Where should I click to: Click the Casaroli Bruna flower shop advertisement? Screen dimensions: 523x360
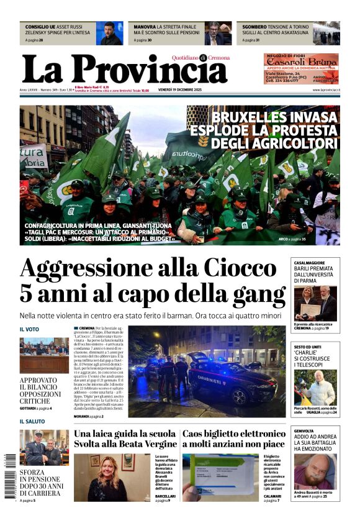click(302, 68)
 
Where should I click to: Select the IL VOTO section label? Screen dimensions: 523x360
click(29, 329)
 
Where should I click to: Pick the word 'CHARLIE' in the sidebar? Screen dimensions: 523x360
click(306, 353)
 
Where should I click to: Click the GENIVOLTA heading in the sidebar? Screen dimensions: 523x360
click(304, 430)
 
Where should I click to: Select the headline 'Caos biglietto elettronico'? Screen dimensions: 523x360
click(233, 434)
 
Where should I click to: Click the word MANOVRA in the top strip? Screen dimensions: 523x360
click(145, 27)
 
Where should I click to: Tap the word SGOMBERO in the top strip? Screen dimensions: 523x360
click(254, 27)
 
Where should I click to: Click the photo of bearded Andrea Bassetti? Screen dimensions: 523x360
click(316, 471)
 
